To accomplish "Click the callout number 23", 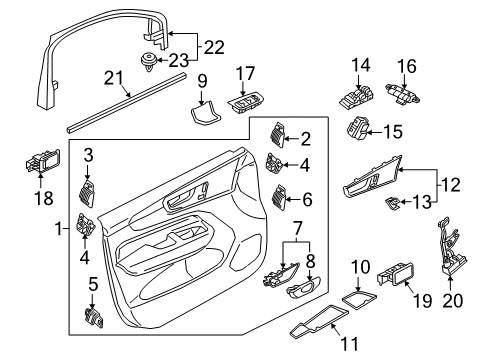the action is (179, 60).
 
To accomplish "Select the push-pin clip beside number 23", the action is (148, 63).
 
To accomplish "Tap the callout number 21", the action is (113, 78).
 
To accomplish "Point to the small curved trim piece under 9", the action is (205, 113).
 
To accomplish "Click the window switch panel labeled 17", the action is (246, 101).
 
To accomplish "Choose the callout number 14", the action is (361, 65).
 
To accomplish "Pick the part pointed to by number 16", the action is (403, 94).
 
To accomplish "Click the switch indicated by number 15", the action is (358, 128).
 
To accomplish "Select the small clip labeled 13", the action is (392, 203).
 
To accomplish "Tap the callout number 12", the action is (451, 185).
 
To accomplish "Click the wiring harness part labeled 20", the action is (451, 247).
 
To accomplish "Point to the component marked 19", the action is (396, 273).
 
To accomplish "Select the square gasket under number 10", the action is (359, 298).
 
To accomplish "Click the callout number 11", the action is (349, 344).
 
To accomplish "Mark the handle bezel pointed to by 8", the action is (303, 287).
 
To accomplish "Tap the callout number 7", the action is (297, 229).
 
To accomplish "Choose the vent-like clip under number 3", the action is (86, 194).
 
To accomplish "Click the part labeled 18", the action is (43, 161).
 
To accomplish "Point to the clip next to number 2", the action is (277, 135).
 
